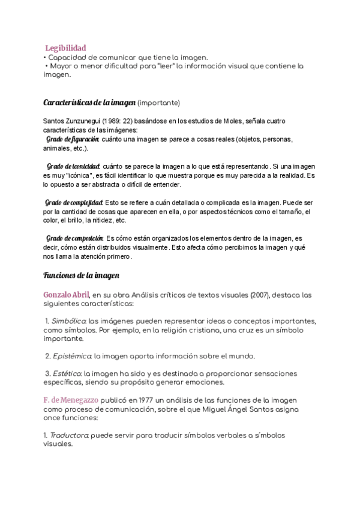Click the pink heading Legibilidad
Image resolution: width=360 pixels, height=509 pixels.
[x=65, y=47]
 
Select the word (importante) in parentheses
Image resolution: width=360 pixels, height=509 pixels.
[x=158, y=102]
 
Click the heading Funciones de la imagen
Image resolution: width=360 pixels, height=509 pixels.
[x=82, y=276]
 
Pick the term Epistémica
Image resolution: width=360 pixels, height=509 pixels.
[x=71, y=356]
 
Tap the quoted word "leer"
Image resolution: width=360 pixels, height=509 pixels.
[x=163, y=66]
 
